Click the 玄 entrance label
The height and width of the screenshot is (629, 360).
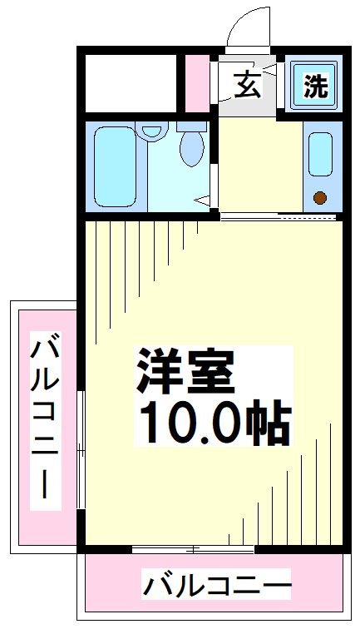[x=245, y=85]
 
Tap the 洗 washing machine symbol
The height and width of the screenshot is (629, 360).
[x=315, y=86]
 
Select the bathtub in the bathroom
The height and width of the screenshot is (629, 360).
[x=115, y=166]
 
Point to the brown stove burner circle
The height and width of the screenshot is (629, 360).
[x=319, y=198]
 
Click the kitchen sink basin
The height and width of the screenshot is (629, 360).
[x=320, y=154]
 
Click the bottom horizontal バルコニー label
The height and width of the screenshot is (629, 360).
[x=217, y=587]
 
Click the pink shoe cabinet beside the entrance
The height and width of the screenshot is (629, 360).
[x=198, y=83]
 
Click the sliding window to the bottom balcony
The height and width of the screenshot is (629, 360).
[x=193, y=550]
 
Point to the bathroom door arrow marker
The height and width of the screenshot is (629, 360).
[x=204, y=198]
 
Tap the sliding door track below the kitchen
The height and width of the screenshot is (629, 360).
[x=279, y=217]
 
